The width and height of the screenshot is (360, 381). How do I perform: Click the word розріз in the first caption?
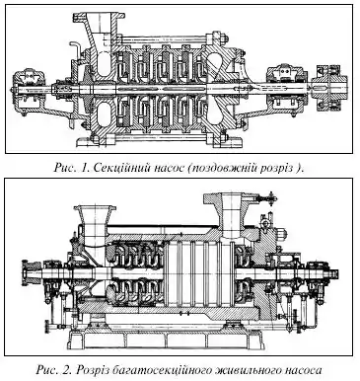pyautogui.click(x=276, y=169)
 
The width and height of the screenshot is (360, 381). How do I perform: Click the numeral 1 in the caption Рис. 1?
pyautogui.click(x=84, y=168)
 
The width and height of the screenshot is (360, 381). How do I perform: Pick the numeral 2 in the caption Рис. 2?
pyautogui.click(x=67, y=370)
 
